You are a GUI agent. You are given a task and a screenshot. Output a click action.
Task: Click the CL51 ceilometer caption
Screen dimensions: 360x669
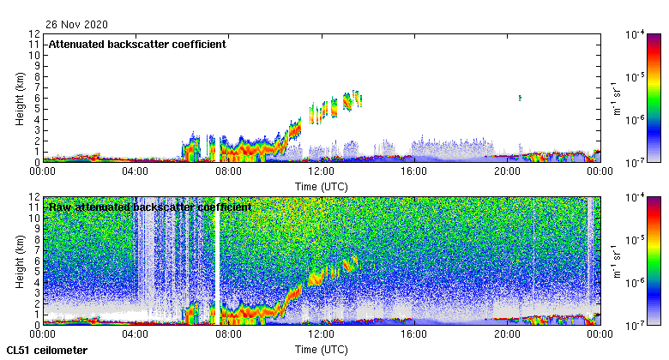46,351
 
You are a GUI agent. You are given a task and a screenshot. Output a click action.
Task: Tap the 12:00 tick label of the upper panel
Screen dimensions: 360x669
321,171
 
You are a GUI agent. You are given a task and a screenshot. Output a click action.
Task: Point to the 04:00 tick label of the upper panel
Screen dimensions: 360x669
136,171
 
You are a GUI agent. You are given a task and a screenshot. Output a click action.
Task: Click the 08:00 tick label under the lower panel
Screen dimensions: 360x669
228,334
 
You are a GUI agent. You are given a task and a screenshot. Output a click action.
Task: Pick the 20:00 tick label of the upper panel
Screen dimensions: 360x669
506,171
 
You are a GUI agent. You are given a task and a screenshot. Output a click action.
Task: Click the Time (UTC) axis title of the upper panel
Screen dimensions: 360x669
321,185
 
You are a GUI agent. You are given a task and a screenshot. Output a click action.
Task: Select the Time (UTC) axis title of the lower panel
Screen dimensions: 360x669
321,350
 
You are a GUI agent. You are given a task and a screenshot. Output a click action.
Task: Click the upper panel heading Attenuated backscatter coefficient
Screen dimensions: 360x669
137,44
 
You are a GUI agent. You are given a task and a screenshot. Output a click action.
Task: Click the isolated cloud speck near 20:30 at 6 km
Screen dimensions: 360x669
520,98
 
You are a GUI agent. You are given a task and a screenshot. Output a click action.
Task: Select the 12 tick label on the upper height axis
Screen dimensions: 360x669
35,34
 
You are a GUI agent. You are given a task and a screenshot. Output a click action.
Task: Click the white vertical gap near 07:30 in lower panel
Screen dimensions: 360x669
219,257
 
